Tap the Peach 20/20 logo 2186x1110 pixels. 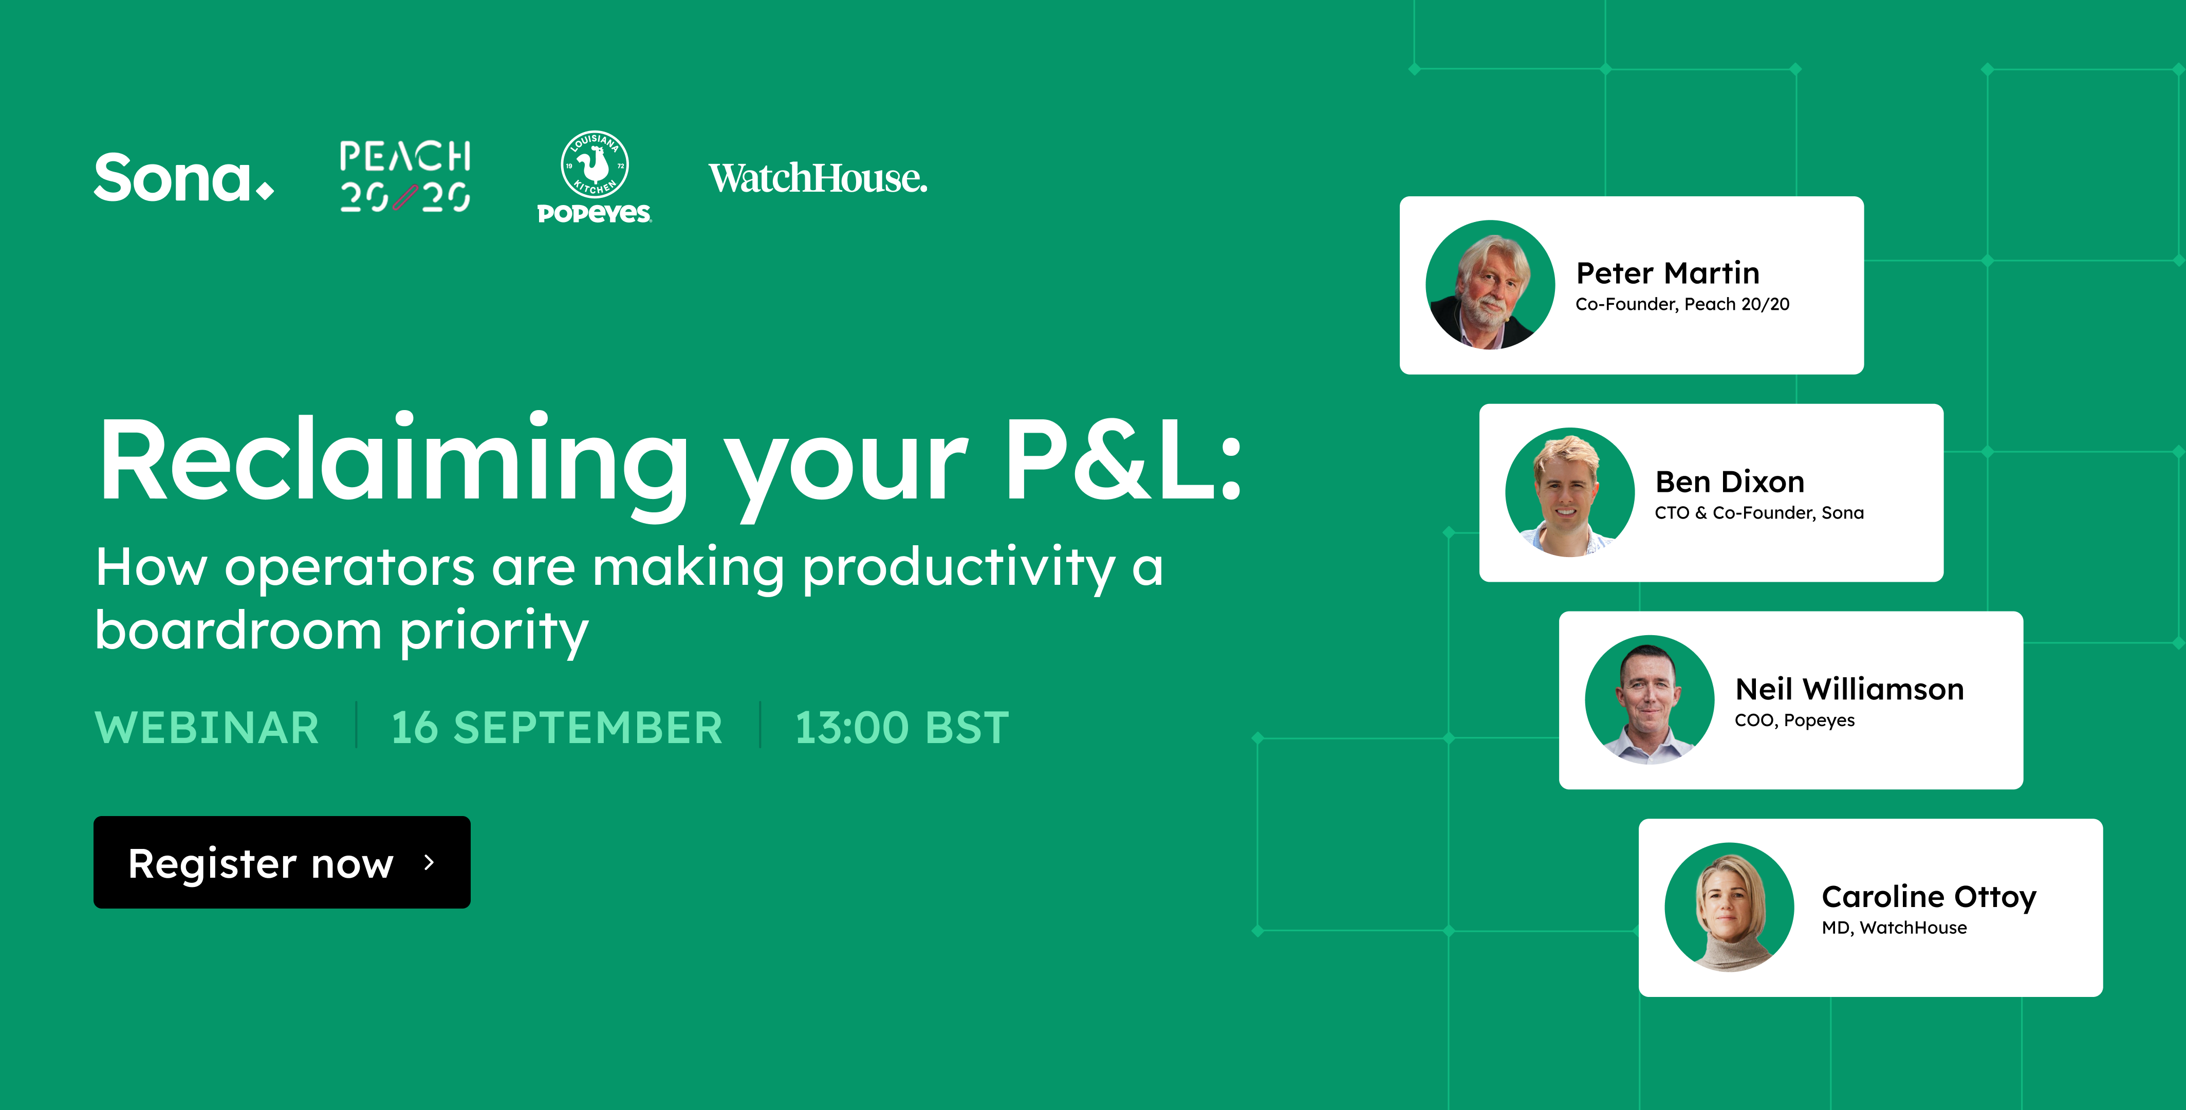click(x=405, y=176)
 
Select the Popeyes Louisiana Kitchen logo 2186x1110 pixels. click(x=594, y=176)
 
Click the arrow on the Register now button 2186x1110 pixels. click(x=430, y=862)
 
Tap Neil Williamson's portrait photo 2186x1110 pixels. click(x=1650, y=700)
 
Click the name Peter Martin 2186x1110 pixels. click(x=1668, y=273)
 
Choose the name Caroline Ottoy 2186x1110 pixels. click(x=1929, y=897)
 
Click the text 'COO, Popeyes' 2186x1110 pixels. click(x=1795, y=720)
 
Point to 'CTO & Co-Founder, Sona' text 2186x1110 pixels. click(x=1759, y=512)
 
